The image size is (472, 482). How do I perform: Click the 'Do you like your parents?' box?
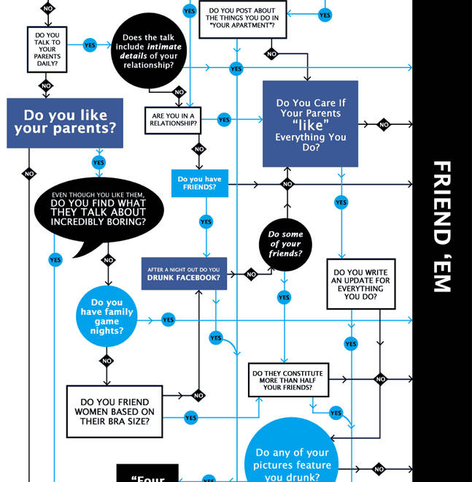65,123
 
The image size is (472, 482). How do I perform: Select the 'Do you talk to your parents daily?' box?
47,49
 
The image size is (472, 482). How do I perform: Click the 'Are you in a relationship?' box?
173,120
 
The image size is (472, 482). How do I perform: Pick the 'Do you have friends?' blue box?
199,183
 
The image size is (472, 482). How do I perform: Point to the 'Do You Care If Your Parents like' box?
310,123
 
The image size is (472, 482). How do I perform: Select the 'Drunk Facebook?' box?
183,274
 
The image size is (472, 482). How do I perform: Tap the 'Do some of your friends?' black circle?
285,244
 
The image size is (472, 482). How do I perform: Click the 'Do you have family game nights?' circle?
107,316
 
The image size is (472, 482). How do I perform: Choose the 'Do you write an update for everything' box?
360,283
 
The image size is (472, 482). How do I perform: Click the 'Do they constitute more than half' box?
288,379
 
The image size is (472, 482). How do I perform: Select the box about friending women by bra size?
115,412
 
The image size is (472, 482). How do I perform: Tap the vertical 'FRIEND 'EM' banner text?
442,226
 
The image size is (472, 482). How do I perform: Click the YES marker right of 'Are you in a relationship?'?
224,120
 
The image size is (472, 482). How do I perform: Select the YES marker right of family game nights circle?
169,320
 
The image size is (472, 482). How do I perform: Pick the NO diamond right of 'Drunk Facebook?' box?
251,275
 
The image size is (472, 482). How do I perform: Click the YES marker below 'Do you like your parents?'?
98,163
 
